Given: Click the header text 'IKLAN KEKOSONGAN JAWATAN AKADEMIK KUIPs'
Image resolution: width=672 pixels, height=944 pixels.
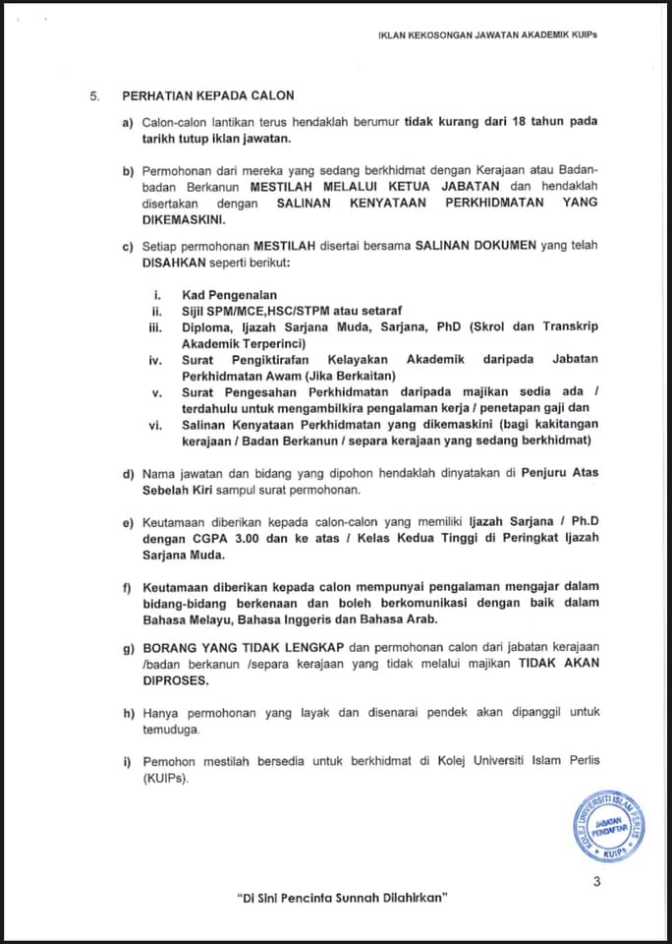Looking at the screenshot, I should click(487, 34).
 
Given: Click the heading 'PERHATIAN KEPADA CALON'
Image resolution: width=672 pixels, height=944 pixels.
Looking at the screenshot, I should click(207, 95).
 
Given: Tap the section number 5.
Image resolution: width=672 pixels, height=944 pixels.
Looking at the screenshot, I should click(94, 95).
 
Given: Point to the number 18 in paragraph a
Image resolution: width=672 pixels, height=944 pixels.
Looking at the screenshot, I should click(522, 121).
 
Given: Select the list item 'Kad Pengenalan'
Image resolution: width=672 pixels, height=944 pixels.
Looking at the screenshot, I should click(229, 294).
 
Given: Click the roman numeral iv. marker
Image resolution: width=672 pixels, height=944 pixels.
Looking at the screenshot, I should click(155, 360).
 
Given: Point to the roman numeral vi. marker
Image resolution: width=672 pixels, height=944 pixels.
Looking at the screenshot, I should click(155, 424).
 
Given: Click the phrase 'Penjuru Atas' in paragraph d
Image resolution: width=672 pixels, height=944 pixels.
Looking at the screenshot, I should click(556, 473).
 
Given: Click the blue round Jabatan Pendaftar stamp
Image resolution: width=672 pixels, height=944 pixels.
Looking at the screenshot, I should click(609, 827).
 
